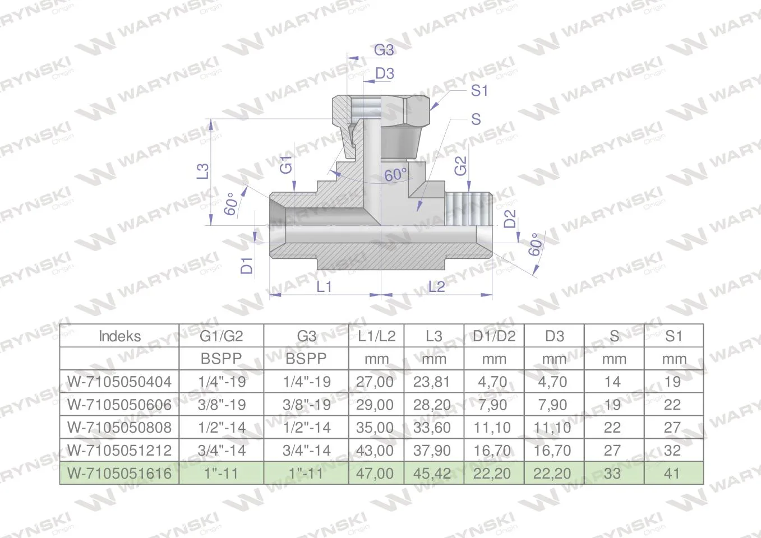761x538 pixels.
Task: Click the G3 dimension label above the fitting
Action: (x=384, y=50)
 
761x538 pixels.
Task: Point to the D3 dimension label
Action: (x=385, y=73)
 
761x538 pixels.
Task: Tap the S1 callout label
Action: (x=479, y=91)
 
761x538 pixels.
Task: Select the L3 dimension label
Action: (x=203, y=171)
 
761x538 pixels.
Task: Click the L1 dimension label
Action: (x=324, y=287)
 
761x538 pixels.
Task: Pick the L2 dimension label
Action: (x=436, y=287)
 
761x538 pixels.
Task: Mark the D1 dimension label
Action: (x=247, y=266)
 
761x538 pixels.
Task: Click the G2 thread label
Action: (x=460, y=166)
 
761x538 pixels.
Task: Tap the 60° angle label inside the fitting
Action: (x=396, y=175)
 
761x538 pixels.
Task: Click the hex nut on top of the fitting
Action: (x=381, y=109)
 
